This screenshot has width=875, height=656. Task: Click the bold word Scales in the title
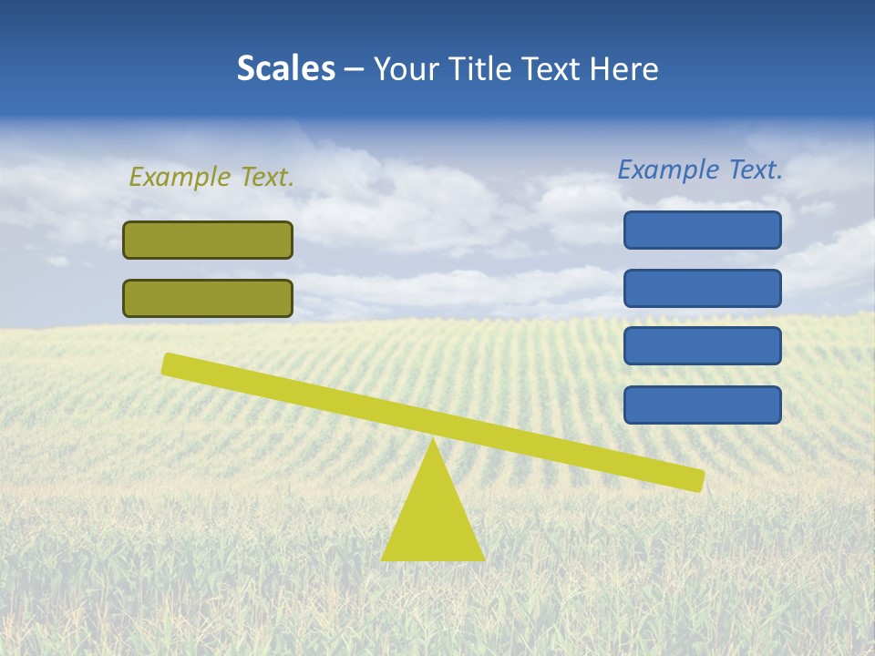click(285, 69)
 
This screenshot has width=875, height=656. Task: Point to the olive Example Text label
click(211, 177)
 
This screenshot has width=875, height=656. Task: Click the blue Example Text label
click(700, 169)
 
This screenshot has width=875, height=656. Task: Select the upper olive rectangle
click(208, 241)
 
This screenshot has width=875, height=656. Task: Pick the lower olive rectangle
click(208, 299)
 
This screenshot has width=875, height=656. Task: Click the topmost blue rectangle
click(703, 230)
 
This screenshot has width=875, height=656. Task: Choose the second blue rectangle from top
click(703, 288)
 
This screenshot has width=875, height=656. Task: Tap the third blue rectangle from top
click(703, 346)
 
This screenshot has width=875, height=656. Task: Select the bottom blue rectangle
click(703, 405)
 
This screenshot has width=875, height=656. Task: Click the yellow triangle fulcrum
click(433, 519)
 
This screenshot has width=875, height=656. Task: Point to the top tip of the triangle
click(433, 440)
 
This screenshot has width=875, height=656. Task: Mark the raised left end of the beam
click(168, 364)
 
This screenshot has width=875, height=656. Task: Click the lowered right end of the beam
click(700, 480)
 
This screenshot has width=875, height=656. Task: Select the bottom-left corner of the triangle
click(383, 559)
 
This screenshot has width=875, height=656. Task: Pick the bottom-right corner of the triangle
click(483, 559)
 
